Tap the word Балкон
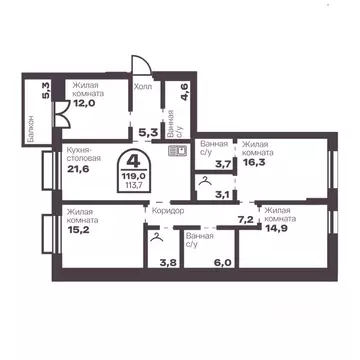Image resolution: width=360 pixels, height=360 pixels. point(33,128)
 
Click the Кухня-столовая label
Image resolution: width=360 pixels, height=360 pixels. point(87,154)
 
